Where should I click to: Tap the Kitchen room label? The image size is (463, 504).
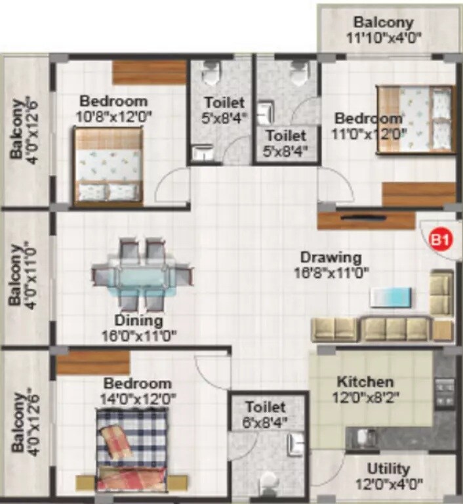coord(365,382)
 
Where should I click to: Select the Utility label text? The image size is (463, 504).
coord(389,469)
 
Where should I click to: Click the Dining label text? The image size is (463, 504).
coord(138,321)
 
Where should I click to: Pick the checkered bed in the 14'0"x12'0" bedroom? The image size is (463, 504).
coord(131,449)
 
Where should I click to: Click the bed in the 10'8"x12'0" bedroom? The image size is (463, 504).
coord(108,166)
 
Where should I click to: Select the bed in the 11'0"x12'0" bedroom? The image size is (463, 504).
coord(415,120)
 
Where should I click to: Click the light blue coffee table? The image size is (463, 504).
coord(392,296)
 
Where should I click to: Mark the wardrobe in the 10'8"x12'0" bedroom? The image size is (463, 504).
coord(150,72)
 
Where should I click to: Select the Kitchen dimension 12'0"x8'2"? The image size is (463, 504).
coord(365,397)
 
